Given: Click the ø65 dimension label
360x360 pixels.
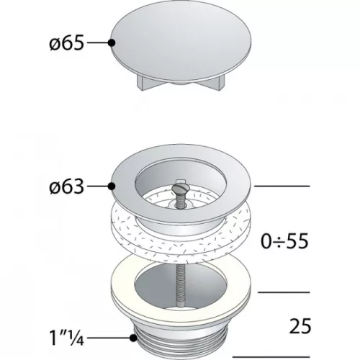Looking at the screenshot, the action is (x=67, y=42).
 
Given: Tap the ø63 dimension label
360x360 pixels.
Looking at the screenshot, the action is (x=67, y=186).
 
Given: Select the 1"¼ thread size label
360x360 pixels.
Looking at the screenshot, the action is (x=67, y=338).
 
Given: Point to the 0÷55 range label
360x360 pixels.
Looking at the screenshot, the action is (x=284, y=241).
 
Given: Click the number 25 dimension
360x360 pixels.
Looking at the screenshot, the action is (x=300, y=326).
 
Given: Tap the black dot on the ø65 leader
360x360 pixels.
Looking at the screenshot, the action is (x=112, y=42).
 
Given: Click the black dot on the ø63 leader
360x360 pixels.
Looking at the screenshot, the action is (x=112, y=186).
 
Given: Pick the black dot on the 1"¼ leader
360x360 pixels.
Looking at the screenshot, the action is (x=133, y=338).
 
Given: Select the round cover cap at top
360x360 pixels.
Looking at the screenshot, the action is (x=181, y=41).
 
